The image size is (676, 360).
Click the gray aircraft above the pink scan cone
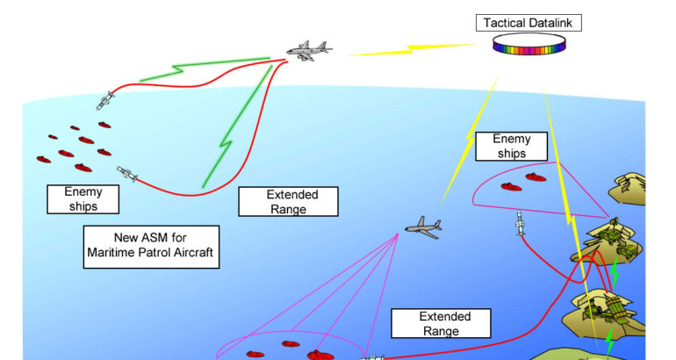(423, 228)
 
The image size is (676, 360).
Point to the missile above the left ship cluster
(104, 99)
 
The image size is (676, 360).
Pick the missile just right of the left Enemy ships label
(127, 174)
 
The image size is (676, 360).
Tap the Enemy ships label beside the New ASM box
(83, 199)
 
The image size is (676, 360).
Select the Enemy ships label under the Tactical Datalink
(512, 146)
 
